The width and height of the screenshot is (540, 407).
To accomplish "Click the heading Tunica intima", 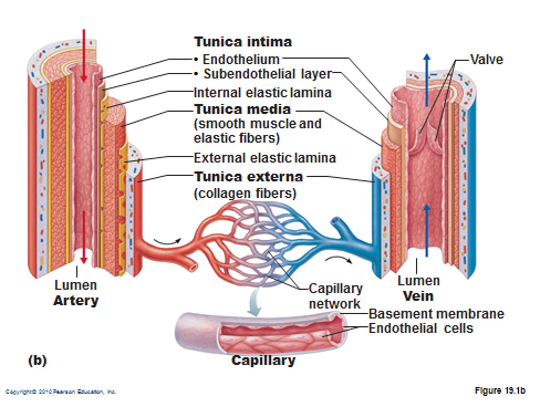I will pos(243,42).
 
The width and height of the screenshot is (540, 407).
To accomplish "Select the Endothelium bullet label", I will pos(241,59).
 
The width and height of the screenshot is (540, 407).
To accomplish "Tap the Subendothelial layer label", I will pos(267,74).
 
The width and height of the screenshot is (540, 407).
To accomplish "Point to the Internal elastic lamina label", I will pos(262,93).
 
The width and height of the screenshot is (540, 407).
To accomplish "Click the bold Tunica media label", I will pos(242,109).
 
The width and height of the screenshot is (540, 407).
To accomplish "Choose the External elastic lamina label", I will pos(265,158).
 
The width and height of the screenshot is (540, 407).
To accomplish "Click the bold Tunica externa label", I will pos(248,177).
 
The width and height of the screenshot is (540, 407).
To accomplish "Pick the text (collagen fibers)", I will pos(245,194).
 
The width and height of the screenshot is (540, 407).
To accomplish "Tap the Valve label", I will pos(486,59).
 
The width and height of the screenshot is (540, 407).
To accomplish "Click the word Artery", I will pos(76,300).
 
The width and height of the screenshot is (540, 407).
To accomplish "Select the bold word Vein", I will pos(418,296).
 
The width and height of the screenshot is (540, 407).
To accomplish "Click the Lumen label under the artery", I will pos(76,285).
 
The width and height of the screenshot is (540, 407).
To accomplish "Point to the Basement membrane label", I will pos(436,314).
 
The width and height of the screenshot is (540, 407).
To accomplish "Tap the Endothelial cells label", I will pos(421,328).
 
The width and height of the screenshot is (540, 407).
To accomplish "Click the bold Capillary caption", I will pos(263,360).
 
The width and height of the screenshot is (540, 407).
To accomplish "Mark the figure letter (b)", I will pos(37,360).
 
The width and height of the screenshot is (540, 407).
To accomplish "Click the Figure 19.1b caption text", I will pos(500,390).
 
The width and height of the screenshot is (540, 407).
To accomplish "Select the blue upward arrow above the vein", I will pos(427,79).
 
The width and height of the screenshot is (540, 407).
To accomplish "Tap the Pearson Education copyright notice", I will pos(61,392).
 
